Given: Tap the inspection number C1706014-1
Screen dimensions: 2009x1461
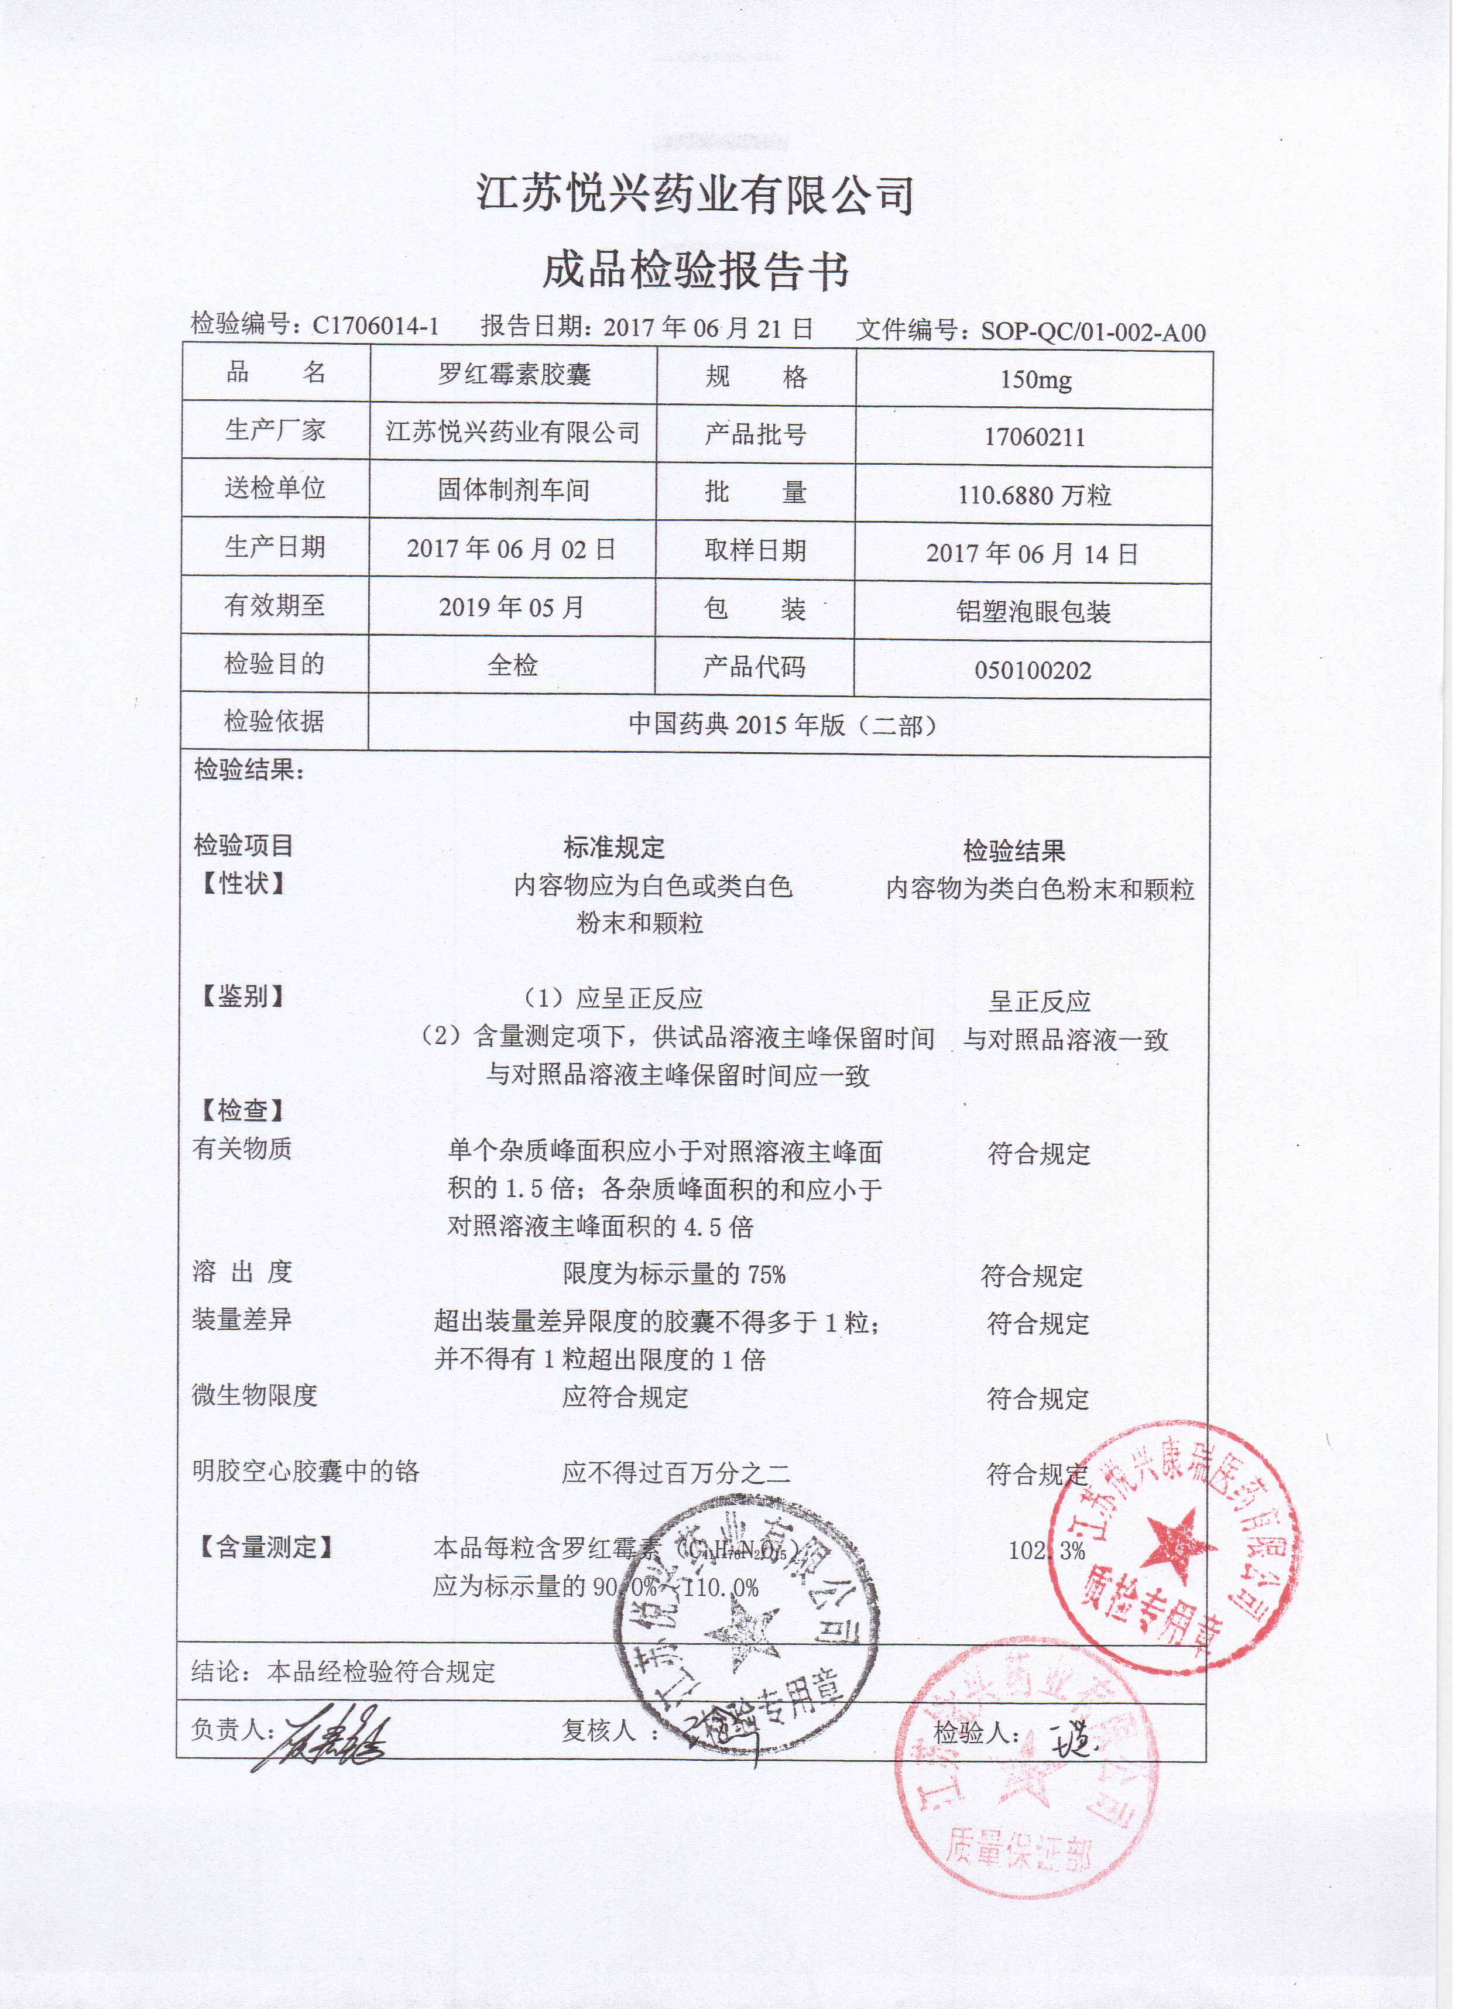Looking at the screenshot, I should coord(376,326).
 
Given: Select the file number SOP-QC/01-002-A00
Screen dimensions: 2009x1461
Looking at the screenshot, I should coord(1092,332).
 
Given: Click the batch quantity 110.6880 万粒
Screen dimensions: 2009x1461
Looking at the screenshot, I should coord(1034,495).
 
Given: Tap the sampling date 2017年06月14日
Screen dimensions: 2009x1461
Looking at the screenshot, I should coord(1032,554).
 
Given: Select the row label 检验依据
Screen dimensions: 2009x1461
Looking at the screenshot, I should coord(274,722).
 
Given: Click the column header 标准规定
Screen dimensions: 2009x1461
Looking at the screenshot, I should coord(614,848).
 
